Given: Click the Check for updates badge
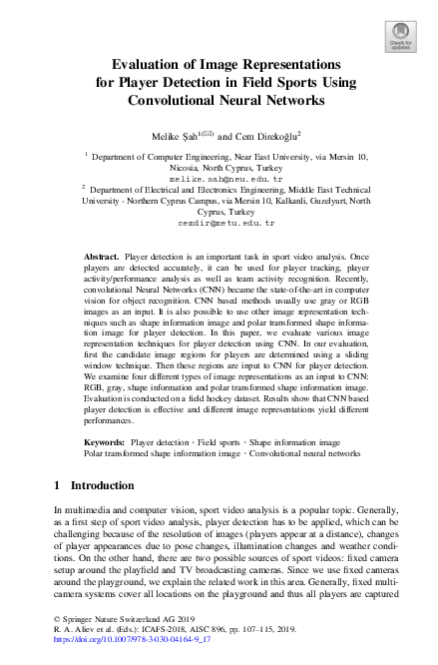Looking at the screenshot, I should coord(399,34).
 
